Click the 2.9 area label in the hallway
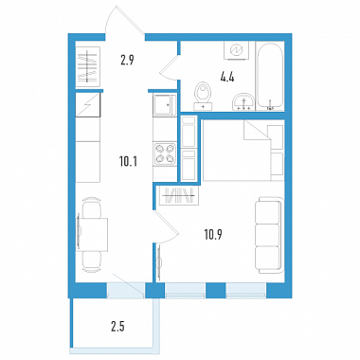pyautogui.click(x=127, y=60)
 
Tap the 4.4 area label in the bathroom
pyautogui.click(x=227, y=77)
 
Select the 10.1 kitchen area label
pyautogui.click(x=128, y=162)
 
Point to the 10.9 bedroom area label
pyautogui.click(x=213, y=235)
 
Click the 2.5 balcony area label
pyautogui.click(x=117, y=327)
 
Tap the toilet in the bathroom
pyautogui.click(x=203, y=96)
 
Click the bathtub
pyautogui.click(x=270, y=76)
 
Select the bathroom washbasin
pyautogui.click(x=243, y=101)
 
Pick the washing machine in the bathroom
pyautogui.click(x=236, y=50)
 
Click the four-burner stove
pyautogui.click(x=165, y=153)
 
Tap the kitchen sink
pyautogui.click(x=164, y=105)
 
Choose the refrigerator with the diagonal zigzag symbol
pyautogui.click(x=88, y=105)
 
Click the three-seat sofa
pyautogui.click(x=268, y=235)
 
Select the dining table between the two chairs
pyautogui.click(x=92, y=234)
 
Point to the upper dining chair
pyautogui.click(x=91, y=207)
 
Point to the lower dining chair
pyautogui.click(x=92, y=261)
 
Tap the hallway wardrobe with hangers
pyautogui.click(x=87, y=66)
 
